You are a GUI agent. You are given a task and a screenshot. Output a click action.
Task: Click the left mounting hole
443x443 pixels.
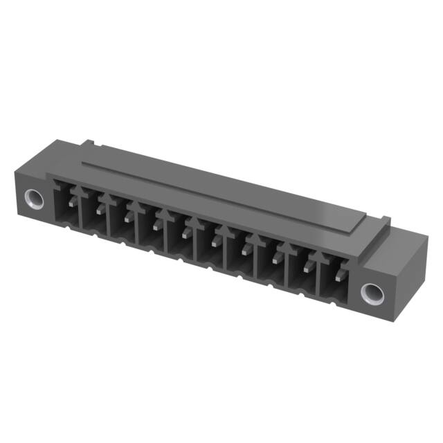click(33, 200)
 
